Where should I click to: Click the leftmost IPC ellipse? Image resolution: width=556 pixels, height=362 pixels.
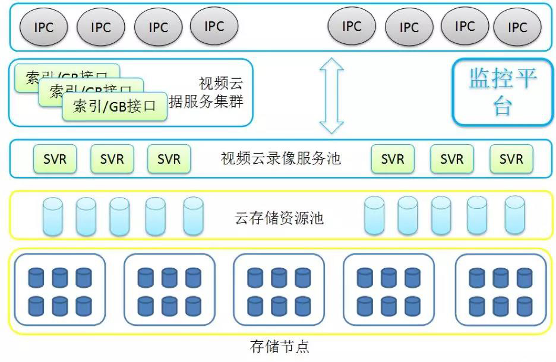(44, 27)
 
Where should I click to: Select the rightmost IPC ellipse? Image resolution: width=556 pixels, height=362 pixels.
(517, 27)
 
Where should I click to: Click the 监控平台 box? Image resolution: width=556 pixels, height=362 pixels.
(503, 92)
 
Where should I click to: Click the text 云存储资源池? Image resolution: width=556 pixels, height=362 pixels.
(279, 218)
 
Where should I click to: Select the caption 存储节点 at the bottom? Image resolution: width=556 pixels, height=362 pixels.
(280, 346)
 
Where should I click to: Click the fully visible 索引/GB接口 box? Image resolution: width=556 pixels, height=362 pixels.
(115, 106)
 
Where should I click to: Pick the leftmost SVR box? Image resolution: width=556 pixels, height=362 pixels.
(55, 159)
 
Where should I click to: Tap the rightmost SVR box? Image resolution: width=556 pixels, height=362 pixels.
(511, 159)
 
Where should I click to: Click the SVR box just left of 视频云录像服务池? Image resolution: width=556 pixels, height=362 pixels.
(169, 159)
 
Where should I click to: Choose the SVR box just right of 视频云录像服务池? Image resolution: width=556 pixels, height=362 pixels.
(393, 159)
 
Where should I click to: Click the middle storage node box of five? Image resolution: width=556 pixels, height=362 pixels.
(279, 289)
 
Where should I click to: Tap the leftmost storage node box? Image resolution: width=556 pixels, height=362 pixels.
(60, 289)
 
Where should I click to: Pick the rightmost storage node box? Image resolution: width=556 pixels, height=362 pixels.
(500, 289)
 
